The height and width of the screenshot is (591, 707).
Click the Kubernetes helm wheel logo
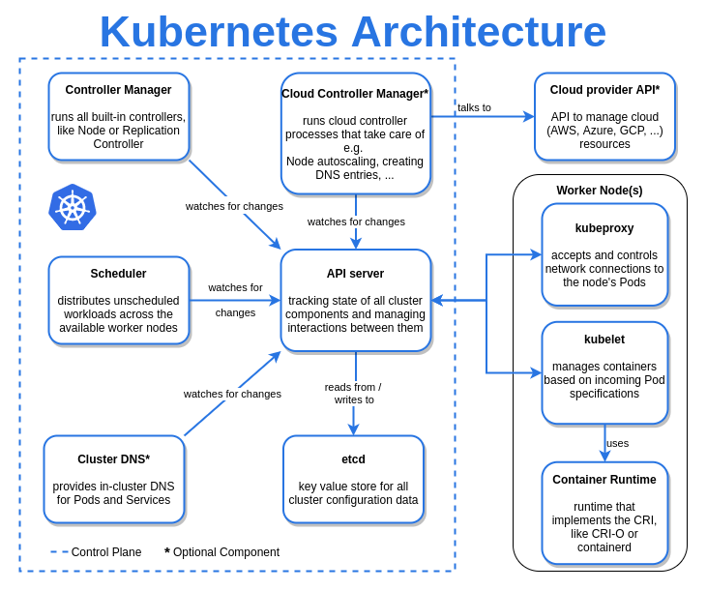click(x=73, y=207)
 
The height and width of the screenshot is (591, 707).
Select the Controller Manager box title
click(x=118, y=90)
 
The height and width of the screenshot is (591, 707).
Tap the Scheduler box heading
click(x=118, y=274)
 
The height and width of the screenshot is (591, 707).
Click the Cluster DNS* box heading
click(x=113, y=459)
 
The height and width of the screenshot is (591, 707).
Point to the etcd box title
click(x=353, y=459)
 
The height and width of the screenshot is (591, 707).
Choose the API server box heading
click(x=355, y=274)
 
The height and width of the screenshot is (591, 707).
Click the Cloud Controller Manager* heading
click(x=355, y=94)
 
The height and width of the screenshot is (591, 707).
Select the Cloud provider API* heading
click(x=604, y=90)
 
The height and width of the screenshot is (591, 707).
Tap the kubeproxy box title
click(x=604, y=228)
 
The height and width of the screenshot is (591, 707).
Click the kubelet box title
click(x=604, y=340)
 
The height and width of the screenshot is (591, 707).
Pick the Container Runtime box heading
click(x=604, y=480)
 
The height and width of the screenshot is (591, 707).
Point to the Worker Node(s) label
click(x=600, y=191)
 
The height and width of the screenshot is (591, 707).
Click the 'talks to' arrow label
click(x=474, y=107)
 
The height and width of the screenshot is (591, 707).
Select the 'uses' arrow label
click(x=617, y=443)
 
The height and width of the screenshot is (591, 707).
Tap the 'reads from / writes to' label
click(x=353, y=393)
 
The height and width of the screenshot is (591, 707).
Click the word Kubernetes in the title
click(x=219, y=32)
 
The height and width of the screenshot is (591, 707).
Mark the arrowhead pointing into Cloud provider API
click(x=529, y=116)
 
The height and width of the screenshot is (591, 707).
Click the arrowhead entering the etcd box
click(x=353, y=429)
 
